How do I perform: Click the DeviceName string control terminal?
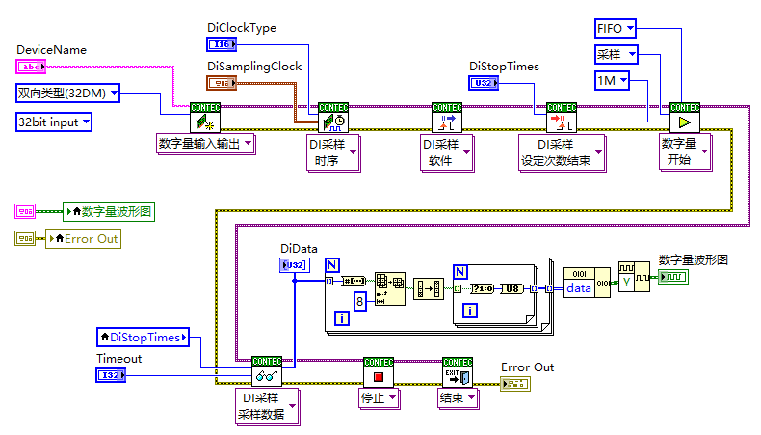click(x=31, y=67)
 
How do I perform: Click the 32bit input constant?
click(x=54, y=122)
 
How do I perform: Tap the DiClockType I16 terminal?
click(x=223, y=43)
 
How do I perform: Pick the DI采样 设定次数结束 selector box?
click(x=562, y=152)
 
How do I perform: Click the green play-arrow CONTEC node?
click(x=685, y=122)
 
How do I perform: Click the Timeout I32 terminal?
click(x=111, y=375)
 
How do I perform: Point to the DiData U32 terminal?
click(x=295, y=265)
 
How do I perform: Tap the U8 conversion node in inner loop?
click(x=514, y=288)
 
